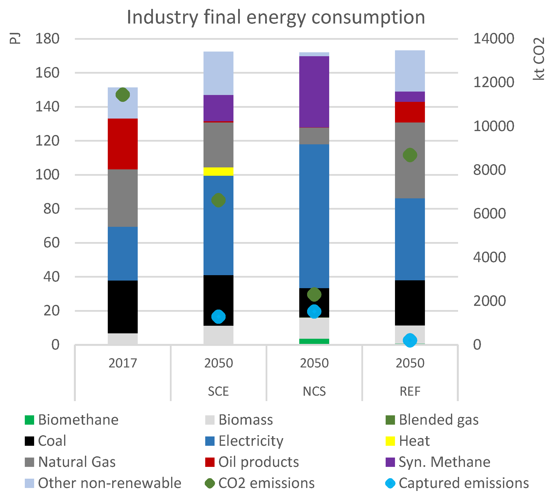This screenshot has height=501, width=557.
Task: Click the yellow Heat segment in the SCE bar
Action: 218,172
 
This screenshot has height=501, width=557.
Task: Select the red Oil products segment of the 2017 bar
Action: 122,144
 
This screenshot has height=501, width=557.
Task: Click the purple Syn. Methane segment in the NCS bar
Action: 314,92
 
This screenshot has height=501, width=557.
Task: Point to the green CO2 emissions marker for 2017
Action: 122,95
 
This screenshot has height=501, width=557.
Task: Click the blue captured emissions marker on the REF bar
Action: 410,340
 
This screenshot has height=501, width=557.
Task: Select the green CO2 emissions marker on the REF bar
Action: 410,155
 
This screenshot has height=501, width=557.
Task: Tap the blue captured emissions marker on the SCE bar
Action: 218,317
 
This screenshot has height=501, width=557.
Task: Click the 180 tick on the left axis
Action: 47,39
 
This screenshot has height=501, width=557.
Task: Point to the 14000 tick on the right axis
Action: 493,39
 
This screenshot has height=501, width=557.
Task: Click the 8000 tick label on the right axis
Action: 489,170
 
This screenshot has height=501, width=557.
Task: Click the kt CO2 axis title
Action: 539,59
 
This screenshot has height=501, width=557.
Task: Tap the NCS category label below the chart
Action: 314,391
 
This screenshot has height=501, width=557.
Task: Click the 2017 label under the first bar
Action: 122,363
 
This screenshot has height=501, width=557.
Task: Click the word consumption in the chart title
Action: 368,17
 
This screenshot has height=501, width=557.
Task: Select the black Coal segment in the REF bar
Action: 410,303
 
